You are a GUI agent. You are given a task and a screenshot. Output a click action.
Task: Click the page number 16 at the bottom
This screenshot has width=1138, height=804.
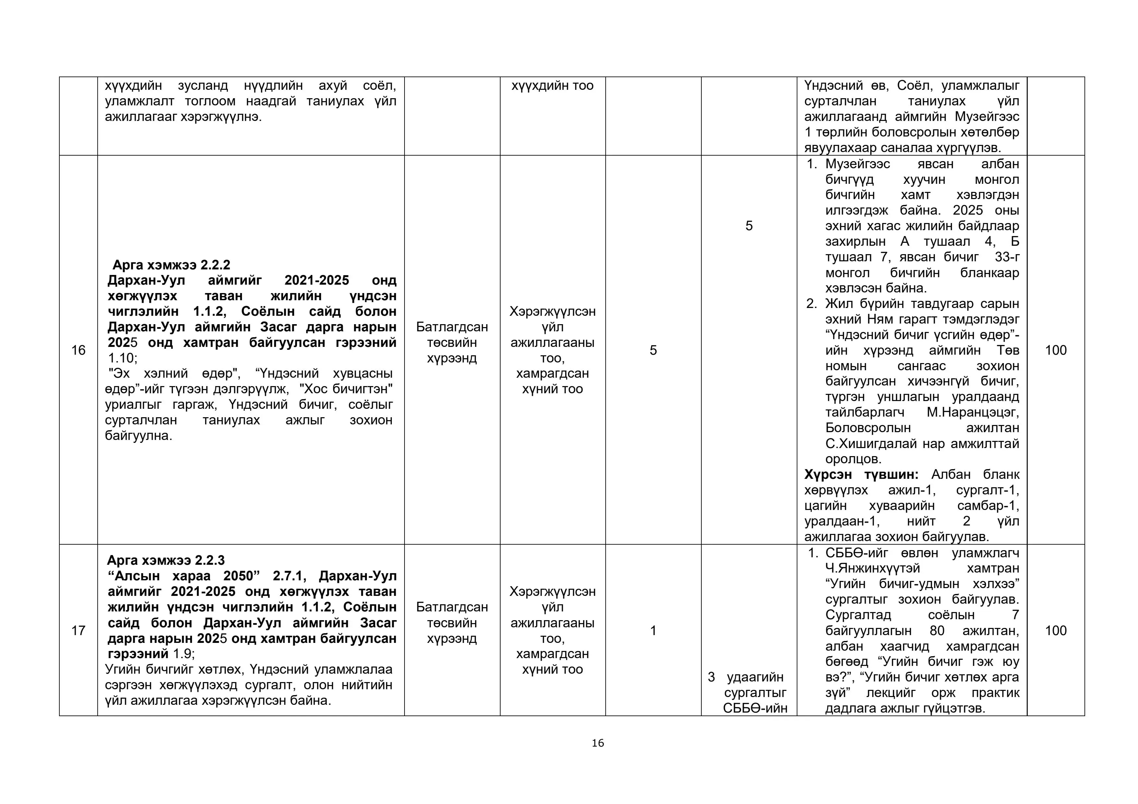pyautogui.click(x=598, y=743)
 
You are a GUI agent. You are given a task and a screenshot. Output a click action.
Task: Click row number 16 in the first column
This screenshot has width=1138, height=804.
pyautogui.click(x=78, y=350)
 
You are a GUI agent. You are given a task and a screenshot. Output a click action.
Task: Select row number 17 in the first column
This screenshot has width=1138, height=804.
pyautogui.click(x=78, y=631)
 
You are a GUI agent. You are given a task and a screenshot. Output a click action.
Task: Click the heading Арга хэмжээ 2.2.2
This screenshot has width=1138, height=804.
pyautogui.click(x=172, y=265)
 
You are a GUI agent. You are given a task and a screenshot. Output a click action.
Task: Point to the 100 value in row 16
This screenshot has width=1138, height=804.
pyautogui.click(x=1056, y=350)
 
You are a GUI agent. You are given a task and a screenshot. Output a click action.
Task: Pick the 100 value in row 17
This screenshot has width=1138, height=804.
pyautogui.click(x=1056, y=631)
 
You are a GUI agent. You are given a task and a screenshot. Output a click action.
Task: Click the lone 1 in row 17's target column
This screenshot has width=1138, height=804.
pyautogui.click(x=653, y=631)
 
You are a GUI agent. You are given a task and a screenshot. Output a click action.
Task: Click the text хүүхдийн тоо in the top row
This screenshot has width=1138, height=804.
pyautogui.click(x=552, y=86)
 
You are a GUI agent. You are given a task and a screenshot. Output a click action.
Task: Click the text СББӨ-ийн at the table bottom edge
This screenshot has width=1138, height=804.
pyautogui.click(x=755, y=708)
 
